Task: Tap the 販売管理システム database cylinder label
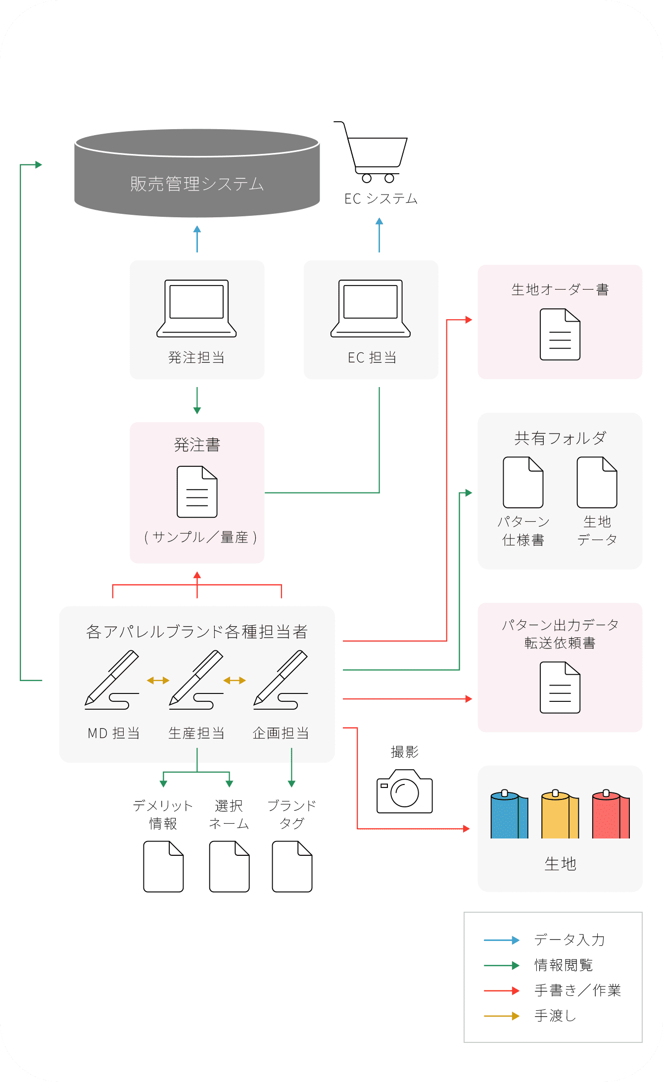coord(197,184)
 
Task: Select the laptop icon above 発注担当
coord(196,308)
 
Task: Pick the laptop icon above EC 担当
coord(371,308)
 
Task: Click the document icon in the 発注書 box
coord(197,492)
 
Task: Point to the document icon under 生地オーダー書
coord(560,335)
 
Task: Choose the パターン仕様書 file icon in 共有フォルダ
coord(523,483)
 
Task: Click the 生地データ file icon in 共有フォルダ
coord(597,483)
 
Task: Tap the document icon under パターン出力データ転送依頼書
coord(560,688)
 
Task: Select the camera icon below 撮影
coord(404,791)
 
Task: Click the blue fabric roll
coord(509,814)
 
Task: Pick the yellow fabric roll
coord(560,814)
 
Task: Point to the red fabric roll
coord(611,814)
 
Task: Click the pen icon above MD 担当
coord(112,679)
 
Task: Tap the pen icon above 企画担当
coord(281,679)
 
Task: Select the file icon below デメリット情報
coord(163,866)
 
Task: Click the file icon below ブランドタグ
coord(292,866)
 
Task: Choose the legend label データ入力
coord(569,940)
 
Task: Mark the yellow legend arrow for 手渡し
coord(501,1016)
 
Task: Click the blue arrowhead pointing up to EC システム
coord(379,221)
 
